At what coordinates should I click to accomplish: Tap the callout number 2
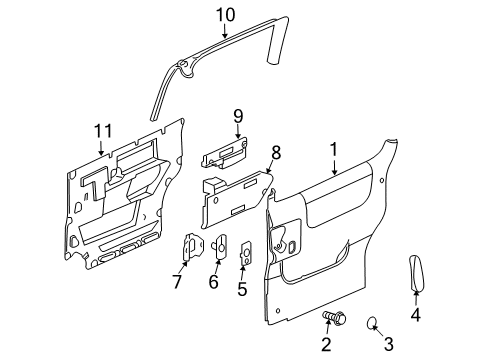click(326, 345)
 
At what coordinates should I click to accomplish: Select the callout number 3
click(387, 345)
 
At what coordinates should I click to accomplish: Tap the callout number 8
click(277, 152)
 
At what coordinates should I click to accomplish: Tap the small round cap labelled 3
click(370, 321)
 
